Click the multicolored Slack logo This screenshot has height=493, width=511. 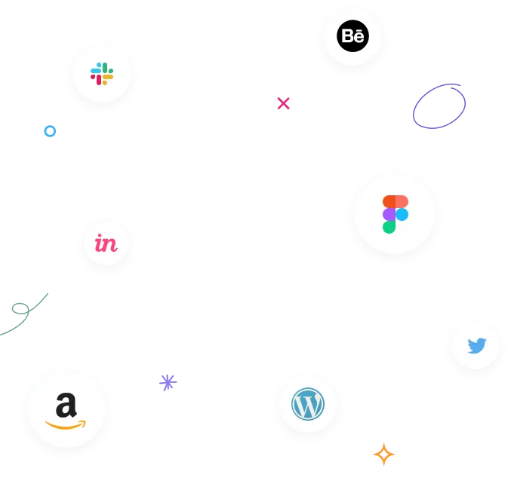coord(102,73)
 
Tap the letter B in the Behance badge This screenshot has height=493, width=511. coord(347,35)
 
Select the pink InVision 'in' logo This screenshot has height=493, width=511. coord(106,243)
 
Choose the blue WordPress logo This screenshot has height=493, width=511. coord(307,405)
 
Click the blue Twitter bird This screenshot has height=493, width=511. coord(476,346)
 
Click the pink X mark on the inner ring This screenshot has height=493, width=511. coord(283,103)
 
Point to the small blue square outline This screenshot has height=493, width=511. coord(50,131)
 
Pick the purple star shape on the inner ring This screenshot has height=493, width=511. coord(168,381)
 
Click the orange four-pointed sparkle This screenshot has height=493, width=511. coord(384,455)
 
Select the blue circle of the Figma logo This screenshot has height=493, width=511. coord(402,214)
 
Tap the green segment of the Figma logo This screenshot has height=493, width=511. coord(389,226)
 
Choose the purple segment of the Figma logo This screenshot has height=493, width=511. coord(389,214)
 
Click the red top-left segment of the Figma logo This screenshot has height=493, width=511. coord(389,201)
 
